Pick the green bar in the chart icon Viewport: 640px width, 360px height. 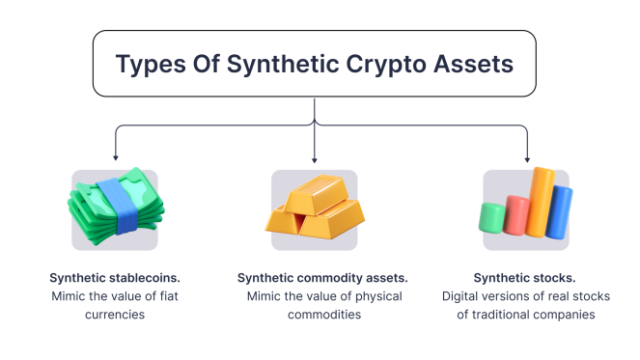(492, 218)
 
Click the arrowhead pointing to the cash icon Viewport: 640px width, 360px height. (116, 156)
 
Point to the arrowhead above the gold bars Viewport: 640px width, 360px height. (316, 156)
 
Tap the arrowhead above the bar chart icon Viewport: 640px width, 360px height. (526, 156)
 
